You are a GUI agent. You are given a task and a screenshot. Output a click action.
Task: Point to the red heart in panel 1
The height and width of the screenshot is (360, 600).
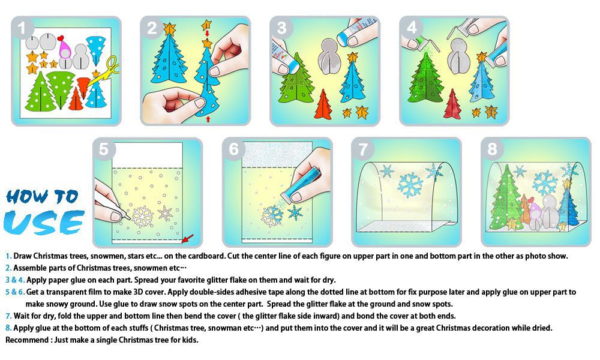60,38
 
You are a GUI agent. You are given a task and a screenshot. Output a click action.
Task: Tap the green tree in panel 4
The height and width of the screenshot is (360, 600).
425,79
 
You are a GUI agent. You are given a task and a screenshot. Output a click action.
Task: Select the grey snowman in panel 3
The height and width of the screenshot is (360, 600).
329,56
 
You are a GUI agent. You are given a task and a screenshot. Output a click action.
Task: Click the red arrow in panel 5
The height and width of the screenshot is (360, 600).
187,238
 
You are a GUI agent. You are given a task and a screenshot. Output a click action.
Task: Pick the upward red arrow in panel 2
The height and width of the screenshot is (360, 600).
208,119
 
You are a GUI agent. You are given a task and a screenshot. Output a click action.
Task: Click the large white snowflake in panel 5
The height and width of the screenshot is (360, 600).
142,217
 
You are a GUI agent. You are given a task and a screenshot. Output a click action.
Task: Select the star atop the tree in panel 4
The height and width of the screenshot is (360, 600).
482,58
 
